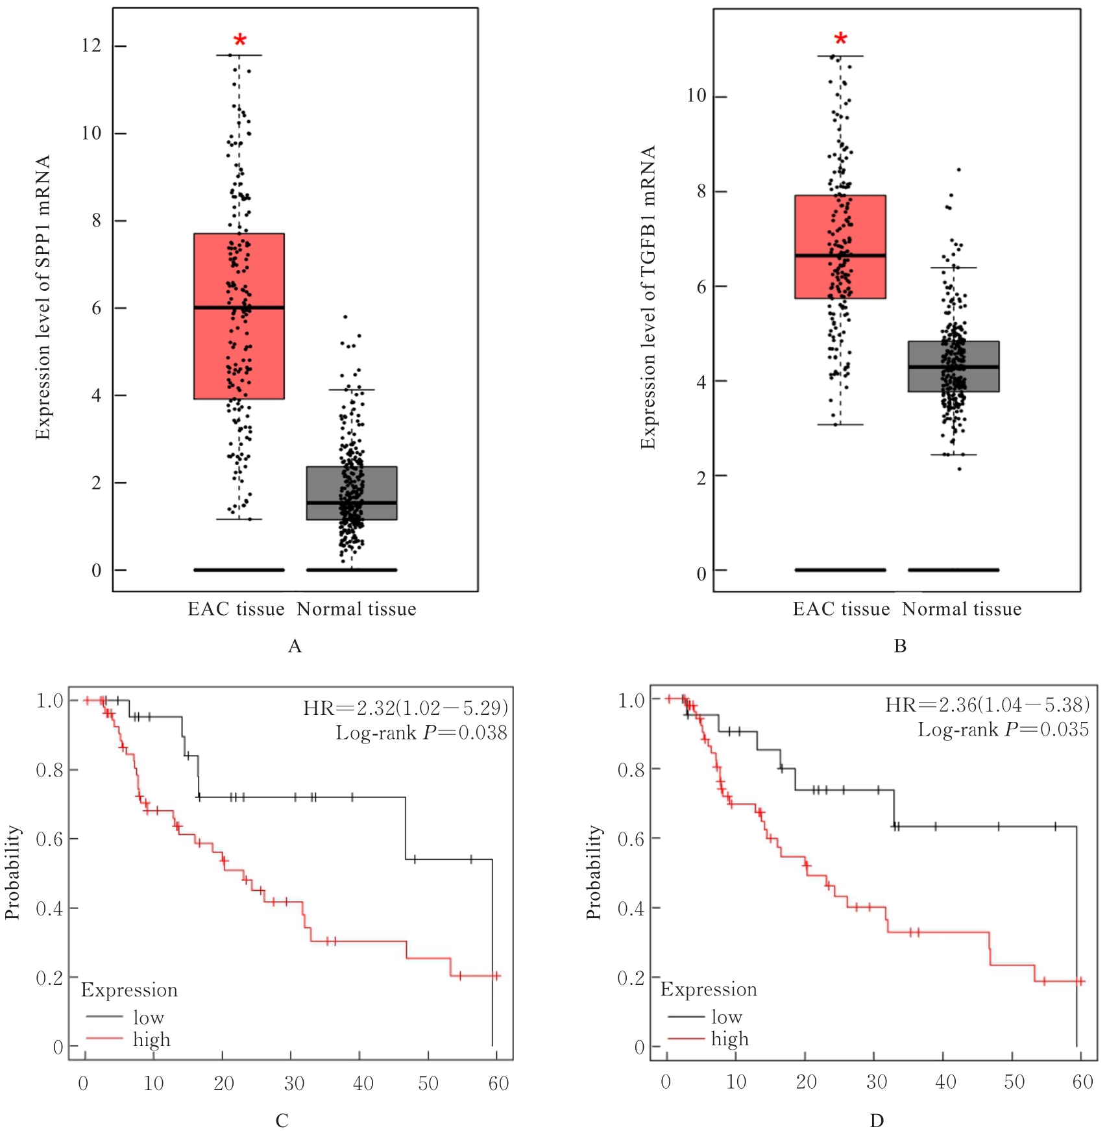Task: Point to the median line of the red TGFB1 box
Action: click(840, 255)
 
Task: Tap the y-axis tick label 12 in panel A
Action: click(91, 45)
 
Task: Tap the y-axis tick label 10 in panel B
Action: click(696, 96)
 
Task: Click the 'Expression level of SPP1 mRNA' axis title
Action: click(43, 297)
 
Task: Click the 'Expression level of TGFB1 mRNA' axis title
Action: click(648, 297)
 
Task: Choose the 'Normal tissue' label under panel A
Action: click(356, 609)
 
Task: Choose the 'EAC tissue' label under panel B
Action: click(841, 609)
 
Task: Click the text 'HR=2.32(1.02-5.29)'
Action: click(406, 707)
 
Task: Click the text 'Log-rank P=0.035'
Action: click(1003, 730)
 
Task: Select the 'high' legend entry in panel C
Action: click(151, 1039)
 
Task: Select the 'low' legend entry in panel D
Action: click(726, 1017)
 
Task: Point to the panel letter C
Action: click(282, 1121)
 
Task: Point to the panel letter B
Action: click(900, 646)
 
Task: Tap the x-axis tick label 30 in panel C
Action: click(294, 1083)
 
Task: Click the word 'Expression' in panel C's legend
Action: click(129, 990)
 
